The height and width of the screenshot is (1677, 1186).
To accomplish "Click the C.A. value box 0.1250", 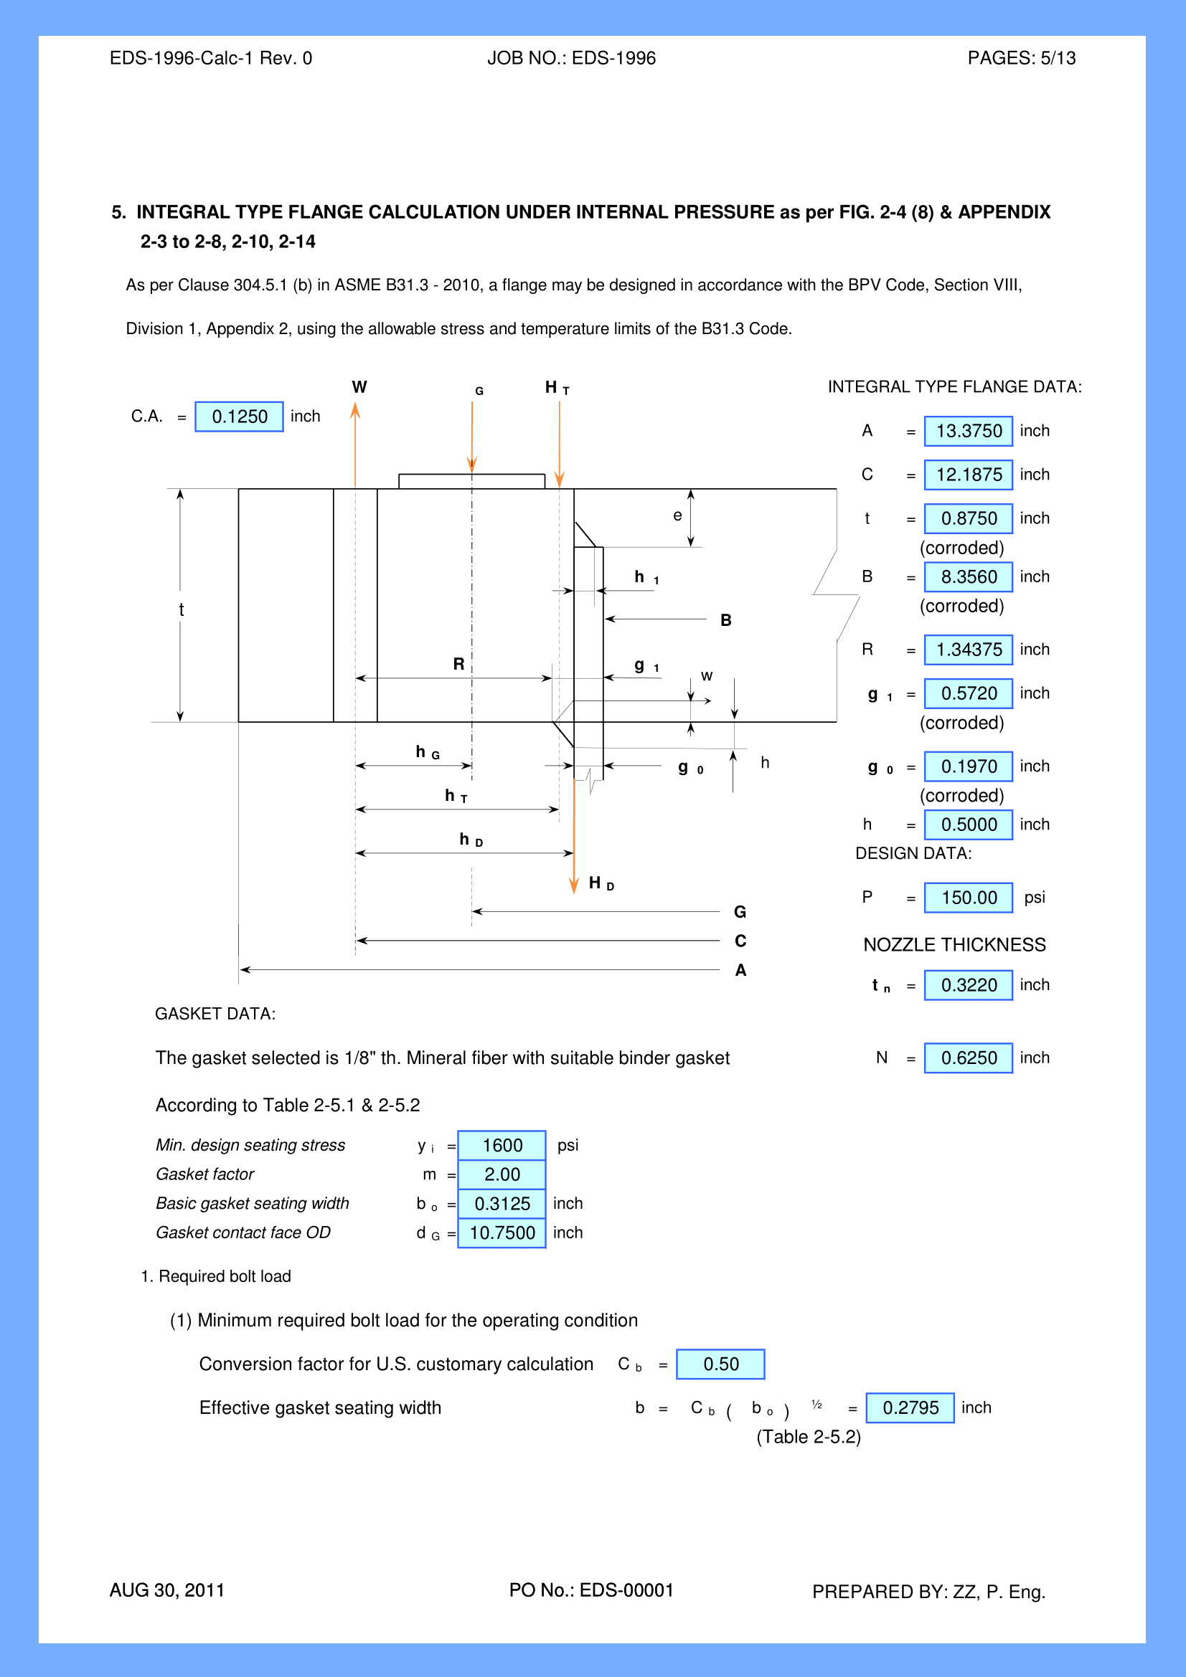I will [239, 417].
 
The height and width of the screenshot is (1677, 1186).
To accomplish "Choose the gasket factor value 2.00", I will [502, 1174].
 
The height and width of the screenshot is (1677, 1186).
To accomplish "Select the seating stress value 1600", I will [502, 1145].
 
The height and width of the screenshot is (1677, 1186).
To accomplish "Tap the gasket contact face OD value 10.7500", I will [502, 1233].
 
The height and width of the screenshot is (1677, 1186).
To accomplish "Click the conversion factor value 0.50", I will [720, 1364].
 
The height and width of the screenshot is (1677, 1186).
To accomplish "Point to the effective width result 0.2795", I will [910, 1407].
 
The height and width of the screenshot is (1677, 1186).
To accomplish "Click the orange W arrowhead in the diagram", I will [355, 412].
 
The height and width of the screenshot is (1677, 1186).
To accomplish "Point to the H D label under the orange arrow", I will [601, 884].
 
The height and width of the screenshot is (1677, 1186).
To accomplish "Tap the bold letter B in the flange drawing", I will [725, 620].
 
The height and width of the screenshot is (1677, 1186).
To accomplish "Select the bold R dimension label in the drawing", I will [459, 664].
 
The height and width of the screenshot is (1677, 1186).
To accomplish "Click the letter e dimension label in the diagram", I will [677, 516].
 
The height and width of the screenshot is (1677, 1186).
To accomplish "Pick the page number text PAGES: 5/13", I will [1021, 58].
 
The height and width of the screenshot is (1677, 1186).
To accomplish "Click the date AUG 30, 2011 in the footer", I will [167, 1590].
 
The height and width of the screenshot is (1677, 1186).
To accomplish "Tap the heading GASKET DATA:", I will [215, 1014].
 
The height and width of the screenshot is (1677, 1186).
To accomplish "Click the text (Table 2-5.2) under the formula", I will [808, 1437].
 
